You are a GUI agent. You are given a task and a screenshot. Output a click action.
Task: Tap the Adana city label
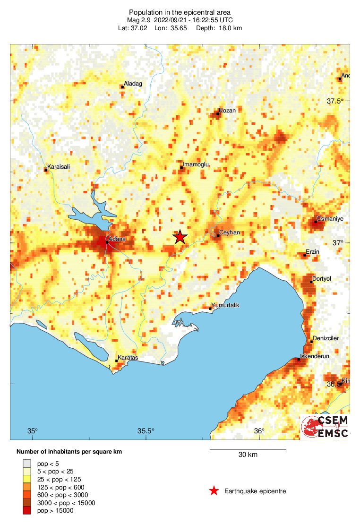[117, 240]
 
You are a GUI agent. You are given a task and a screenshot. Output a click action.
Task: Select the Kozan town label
[226, 111]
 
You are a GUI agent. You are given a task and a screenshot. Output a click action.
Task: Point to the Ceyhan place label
[230, 233]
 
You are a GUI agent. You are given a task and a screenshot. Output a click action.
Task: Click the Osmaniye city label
[329, 219]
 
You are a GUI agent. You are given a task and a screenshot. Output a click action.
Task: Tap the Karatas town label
[128, 358]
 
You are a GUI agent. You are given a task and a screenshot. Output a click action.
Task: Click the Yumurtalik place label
[225, 305]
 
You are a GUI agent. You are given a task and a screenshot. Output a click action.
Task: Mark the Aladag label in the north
[133, 84]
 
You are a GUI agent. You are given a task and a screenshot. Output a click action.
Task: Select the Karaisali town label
[59, 167]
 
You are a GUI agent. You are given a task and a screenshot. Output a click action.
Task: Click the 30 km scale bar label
[248, 455]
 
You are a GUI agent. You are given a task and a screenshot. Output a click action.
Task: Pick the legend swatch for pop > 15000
[27, 510]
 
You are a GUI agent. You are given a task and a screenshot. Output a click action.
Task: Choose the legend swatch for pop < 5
[27, 464]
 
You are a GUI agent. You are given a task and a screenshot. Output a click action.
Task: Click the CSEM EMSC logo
[325, 427]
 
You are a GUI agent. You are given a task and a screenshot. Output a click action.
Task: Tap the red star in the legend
[214, 491]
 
